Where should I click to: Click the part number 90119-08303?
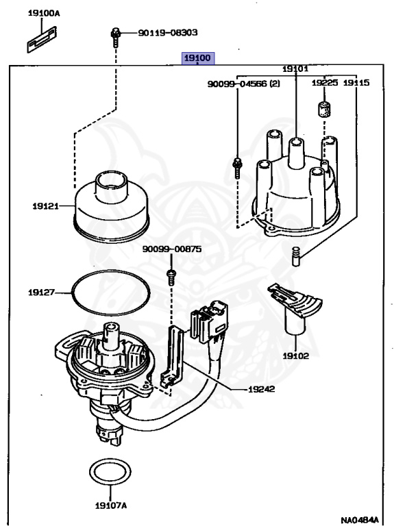(x=168, y=32)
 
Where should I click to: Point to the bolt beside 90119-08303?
(x=116, y=35)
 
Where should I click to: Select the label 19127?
(x=42, y=292)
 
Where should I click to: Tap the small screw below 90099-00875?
(x=171, y=275)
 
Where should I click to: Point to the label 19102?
(x=295, y=356)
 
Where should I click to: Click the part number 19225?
(x=325, y=83)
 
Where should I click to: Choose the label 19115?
(x=356, y=83)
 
